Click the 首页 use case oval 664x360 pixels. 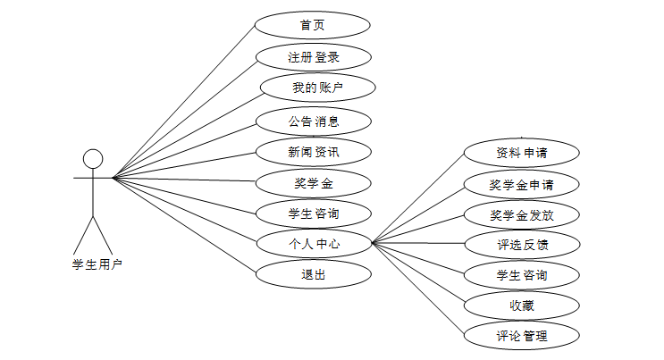[x=313, y=25]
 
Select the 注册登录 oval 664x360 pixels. [x=313, y=57]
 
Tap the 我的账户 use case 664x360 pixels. [x=317, y=88]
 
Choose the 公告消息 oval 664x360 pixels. [x=313, y=121]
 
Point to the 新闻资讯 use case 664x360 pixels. [x=313, y=152]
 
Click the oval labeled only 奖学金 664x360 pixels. [x=313, y=183]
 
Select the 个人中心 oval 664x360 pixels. [x=313, y=242]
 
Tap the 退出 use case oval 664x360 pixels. [x=313, y=273]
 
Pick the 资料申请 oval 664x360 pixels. [x=522, y=152]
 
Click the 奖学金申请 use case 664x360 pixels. [x=522, y=185]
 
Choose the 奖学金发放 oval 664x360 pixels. [x=522, y=215]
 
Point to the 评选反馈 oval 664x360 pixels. [x=522, y=243]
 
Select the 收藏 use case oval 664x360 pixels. [x=522, y=306]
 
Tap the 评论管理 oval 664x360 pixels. [x=522, y=336]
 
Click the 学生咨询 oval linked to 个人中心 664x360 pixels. [x=522, y=274]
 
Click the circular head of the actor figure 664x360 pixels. [x=93, y=159]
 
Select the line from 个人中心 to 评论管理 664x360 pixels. [x=418, y=289]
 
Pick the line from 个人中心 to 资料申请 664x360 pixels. [x=418, y=197]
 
